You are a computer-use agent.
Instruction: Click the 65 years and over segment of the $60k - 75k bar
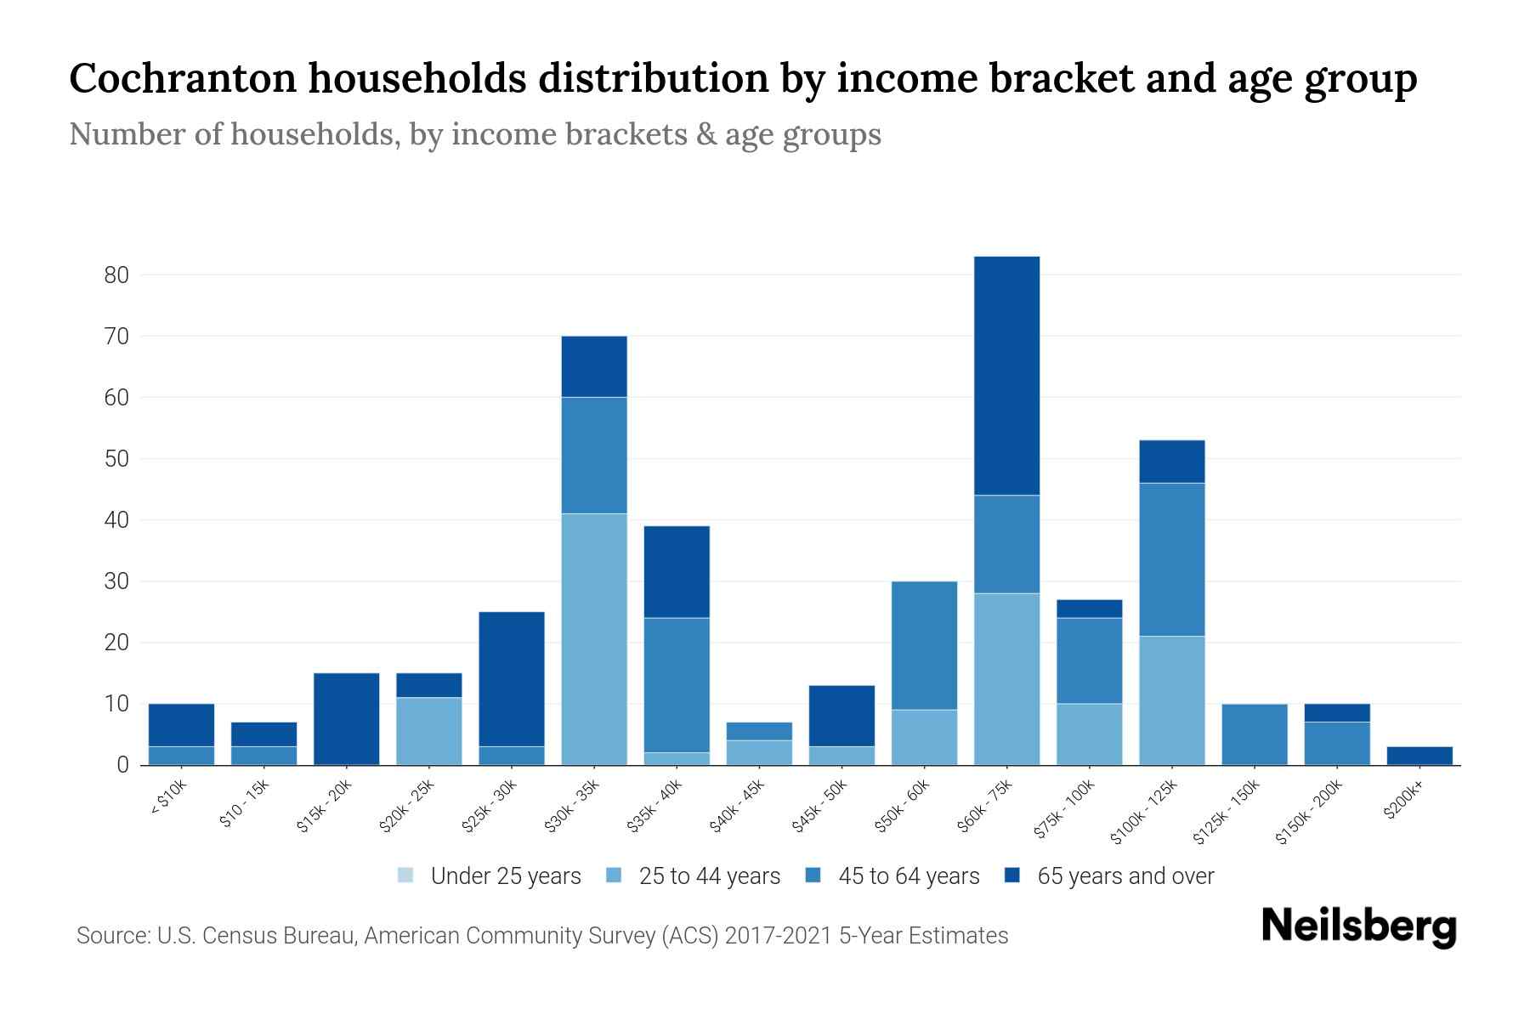click(1006, 376)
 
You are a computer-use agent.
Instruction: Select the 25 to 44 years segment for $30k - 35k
click(594, 639)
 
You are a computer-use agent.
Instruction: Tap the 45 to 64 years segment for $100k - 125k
click(1171, 559)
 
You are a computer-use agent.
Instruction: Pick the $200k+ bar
click(1419, 756)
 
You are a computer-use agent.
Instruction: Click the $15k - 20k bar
click(346, 719)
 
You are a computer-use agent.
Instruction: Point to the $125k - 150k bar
click(1254, 734)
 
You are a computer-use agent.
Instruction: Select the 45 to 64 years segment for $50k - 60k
click(924, 645)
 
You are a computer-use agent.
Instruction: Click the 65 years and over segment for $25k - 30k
click(512, 679)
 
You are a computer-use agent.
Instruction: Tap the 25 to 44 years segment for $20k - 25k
click(428, 731)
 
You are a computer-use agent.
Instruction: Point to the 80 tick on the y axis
click(116, 275)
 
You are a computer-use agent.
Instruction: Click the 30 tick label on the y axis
click(116, 582)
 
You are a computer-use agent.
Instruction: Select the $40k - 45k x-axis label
click(739, 806)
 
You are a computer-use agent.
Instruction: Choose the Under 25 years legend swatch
click(405, 875)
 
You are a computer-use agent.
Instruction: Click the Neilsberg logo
click(1358, 927)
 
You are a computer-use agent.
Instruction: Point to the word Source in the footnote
click(110, 936)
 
